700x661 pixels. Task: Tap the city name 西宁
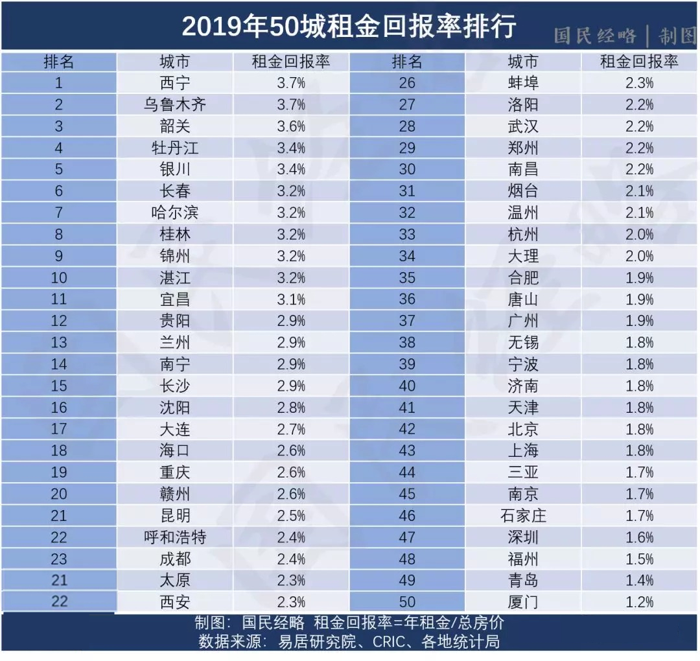pyautogui.click(x=174, y=83)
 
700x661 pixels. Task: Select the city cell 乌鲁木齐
pyautogui.click(x=174, y=104)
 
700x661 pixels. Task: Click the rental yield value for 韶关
pyautogui.click(x=291, y=126)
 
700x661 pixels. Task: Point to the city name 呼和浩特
pyautogui.click(x=174, y=537)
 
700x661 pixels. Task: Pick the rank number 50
pyautogui.click(x=407, y=602)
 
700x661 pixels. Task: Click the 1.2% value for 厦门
pyautogui.click(x=639, y=602)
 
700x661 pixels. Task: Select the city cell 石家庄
pyautogui.click(x=522, y=516)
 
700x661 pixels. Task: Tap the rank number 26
pyautogui.click(x=407, y=83)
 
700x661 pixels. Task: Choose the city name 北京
pyautogui.click(x=522, y=429)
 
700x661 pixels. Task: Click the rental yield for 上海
pyautogui.click(x=639, y=451)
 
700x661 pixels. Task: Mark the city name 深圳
pyautogui.click(x=522, y=537)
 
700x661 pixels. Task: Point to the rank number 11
pyautogui.click(x=59, y=299)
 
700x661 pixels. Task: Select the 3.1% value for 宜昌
pyautogui.click(x=291, y=299)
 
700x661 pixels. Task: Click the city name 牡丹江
pyautogui.click(x=174, y=148)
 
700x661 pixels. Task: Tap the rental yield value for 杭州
pyautogui.click(x=639, y=235)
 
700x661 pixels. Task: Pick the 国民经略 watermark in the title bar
pyautogui.click(x=595, y=36)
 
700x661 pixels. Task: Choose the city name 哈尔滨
pyautogui.click(x=174, y=213)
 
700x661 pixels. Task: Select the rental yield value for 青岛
pyautogui.click(x=639, y=581)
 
